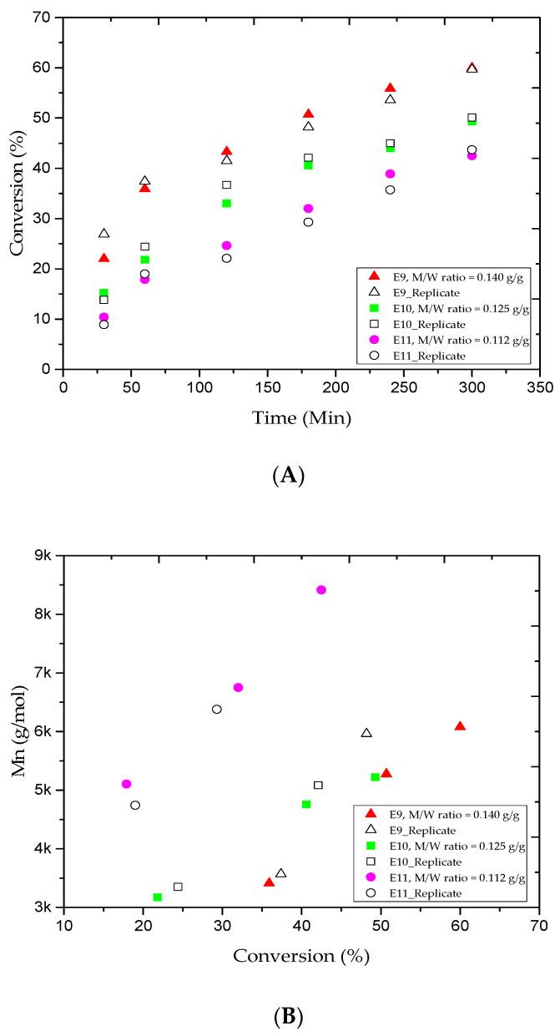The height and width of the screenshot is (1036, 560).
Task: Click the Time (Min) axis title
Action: coord(301,418)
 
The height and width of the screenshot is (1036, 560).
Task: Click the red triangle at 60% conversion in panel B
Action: coord(460,726)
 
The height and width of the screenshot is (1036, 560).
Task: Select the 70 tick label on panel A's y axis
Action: coord(42,18)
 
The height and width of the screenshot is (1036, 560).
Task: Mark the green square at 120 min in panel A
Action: coord(226,203)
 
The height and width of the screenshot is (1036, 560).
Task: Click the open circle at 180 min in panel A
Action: coord(308,222)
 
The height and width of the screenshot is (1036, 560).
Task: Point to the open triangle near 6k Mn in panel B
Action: coord(366,733)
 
